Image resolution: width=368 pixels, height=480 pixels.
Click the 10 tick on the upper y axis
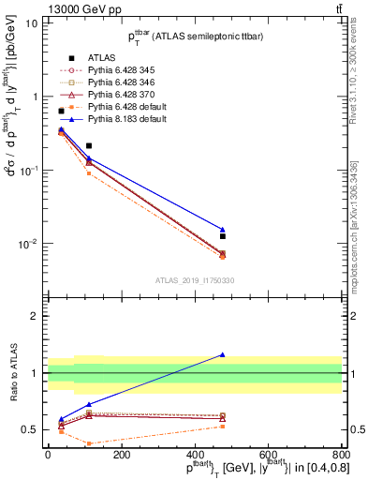coord(32,22)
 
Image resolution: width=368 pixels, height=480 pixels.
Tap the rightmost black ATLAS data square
coord(223,236)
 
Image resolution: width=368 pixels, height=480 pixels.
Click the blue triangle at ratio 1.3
coord(223,354)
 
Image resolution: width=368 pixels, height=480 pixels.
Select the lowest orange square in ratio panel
coord(88,443)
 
